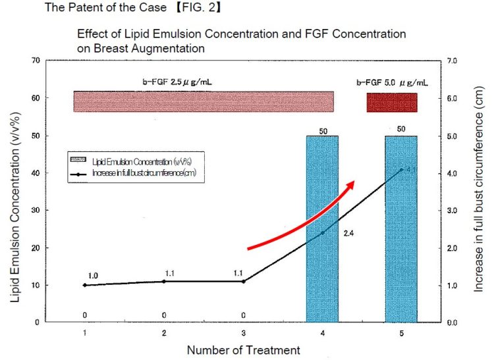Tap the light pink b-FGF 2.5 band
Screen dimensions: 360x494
[204, 101]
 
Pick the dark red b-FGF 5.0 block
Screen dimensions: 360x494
[392, 102]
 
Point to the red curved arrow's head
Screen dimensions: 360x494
[352, 184]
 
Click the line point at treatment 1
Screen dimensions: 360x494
[85, 285]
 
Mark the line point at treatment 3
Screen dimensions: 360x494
[244, 281]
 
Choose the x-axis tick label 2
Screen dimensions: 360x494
[164, 333]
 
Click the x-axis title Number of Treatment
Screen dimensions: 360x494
[243, 350]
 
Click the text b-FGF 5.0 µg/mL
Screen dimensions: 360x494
[392, 84]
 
